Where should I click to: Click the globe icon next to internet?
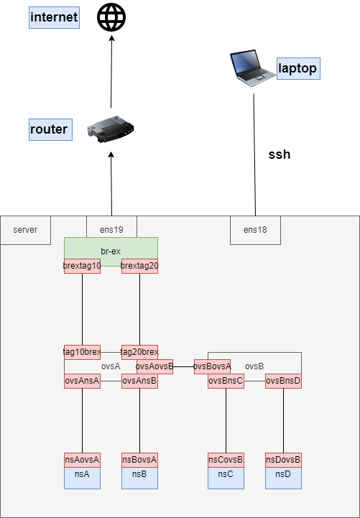[x=111, y=17]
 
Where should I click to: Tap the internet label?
[x=54, y=17]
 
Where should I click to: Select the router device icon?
[x=111, y=130]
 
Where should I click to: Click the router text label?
[x=49, y=130]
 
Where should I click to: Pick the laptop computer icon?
[x=251, y=69]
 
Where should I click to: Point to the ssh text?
[x=280, y=154]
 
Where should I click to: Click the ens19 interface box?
[x=111, y=230]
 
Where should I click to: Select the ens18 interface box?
[x=255, y=230]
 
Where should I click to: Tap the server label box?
[x=25, y=230]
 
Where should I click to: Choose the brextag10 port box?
[x=82, y=266]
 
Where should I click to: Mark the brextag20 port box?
[x=139, y=266]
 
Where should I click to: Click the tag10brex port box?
[x=82, y=352]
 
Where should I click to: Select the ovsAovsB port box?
[x=154, y=366]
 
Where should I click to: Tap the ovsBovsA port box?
[x=212, y=366]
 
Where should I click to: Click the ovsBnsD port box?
[x=283, y=381]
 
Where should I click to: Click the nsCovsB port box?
[x=226, y=460]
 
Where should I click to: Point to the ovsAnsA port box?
[x=82, y=381]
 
